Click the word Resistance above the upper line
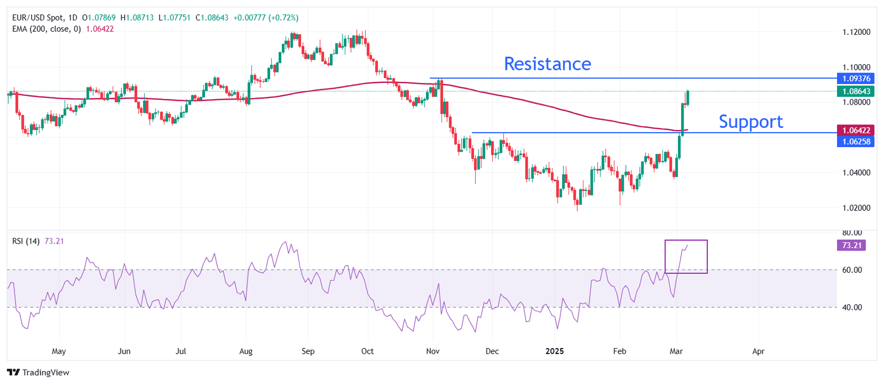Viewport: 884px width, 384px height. click(x=547, y=64)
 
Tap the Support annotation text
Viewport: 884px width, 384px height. click(x=750, y=122)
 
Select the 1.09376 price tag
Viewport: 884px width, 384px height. click(x=855, y=79)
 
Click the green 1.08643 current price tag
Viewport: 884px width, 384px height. click(x=855, y=91)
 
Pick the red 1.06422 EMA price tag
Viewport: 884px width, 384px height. click(x=855, y=131)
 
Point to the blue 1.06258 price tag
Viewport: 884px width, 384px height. click(x=855, y=142)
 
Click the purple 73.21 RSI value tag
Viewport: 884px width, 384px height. click(x=851, y=245)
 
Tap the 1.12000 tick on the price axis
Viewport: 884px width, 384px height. click(x=856, y=32)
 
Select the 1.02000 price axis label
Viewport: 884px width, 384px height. click(x=856, y=208)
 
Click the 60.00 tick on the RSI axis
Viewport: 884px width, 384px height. click(x=851, y=270)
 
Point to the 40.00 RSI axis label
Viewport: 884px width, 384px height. click(x=851, y=307)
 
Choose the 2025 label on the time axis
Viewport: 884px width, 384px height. click(x=554, y=351)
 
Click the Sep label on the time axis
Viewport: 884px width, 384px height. click(x=308, y=351)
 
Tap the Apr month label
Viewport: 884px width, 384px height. click(x=758, y=351)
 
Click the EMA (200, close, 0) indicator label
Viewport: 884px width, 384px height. click(x=46, y=29)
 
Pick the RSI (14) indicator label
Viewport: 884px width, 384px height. click(x=26, y=241)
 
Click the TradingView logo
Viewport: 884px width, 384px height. click(x=39, y=372)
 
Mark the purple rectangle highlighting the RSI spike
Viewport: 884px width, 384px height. click(x=686, y=256)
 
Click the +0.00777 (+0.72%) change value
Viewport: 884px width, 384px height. click(x=266, y=18)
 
